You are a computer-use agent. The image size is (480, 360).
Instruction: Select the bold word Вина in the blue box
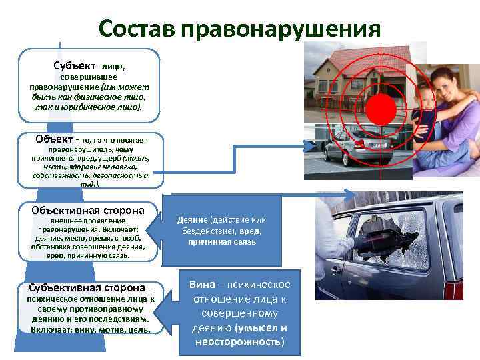click(x=202, y=284)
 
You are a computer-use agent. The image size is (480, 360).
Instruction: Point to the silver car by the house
click(x=343, y=153)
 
